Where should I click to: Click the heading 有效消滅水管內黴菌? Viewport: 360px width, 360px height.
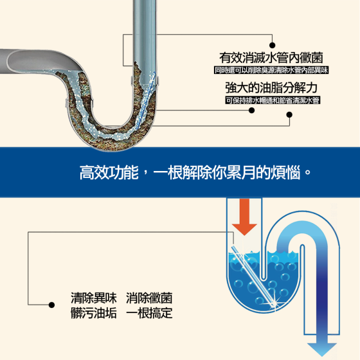click(x=271, y=58)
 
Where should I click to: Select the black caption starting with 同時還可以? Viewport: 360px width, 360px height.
click(x=271, y=70)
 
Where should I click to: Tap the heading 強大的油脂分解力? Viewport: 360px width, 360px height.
click(x=271, y=87)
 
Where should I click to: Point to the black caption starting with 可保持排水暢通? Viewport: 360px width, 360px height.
click(x=273, y=100)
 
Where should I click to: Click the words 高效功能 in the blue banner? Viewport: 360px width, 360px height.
click(x=109, y=172)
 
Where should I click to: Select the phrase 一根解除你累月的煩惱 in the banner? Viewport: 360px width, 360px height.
click(x=227, y=172)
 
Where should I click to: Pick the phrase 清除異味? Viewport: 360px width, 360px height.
click(x=94, y=298)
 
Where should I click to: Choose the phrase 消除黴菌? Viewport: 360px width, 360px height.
click(x=149, y=298)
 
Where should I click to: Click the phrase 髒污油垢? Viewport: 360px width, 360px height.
click(x=94, y=312)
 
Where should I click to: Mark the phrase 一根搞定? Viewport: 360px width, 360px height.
click(x=149, y=312)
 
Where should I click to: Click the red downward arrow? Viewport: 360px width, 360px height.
click(x=244, y=216)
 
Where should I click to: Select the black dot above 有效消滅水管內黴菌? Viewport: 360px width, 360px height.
click(x=273, y=45)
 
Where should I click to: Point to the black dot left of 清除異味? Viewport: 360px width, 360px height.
click(x=51, y=305)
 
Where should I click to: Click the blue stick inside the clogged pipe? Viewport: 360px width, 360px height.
click(x=146, y=100)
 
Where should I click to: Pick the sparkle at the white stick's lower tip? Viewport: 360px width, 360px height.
click(x=274, y=303)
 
